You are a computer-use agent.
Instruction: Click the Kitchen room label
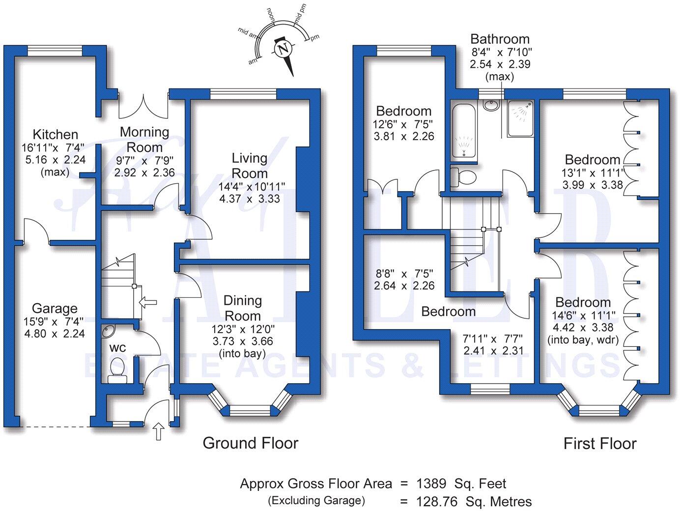[x=55, y=134]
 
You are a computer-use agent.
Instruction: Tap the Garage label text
[x=55, y=309]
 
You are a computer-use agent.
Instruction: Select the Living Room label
[x=250, y=166]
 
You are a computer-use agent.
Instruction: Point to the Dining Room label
[x=243, y=308]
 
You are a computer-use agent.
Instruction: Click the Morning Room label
[x=144, y=140]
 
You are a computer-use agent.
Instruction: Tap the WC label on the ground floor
[x=117, y=348]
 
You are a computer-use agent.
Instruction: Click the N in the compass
[x=283, y=49]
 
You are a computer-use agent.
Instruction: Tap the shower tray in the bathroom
[x=521, y=118]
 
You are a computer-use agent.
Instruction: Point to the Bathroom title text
[x=500, y=39]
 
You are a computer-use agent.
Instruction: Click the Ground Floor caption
[x=250, y=443]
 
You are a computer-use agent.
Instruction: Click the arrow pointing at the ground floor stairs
[x=148, y=302]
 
